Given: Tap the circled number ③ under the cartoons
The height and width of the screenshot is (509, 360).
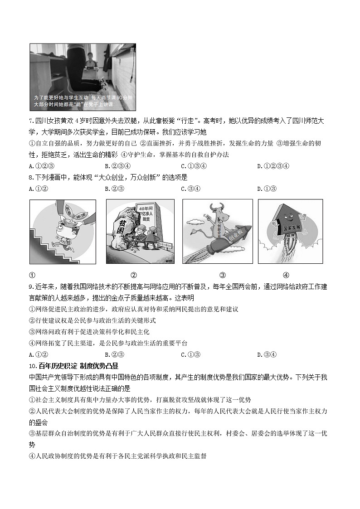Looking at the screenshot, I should [223, 275].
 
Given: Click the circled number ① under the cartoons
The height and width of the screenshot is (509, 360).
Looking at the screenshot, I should [32, 275].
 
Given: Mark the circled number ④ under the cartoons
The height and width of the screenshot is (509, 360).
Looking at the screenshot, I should [286, 275].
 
